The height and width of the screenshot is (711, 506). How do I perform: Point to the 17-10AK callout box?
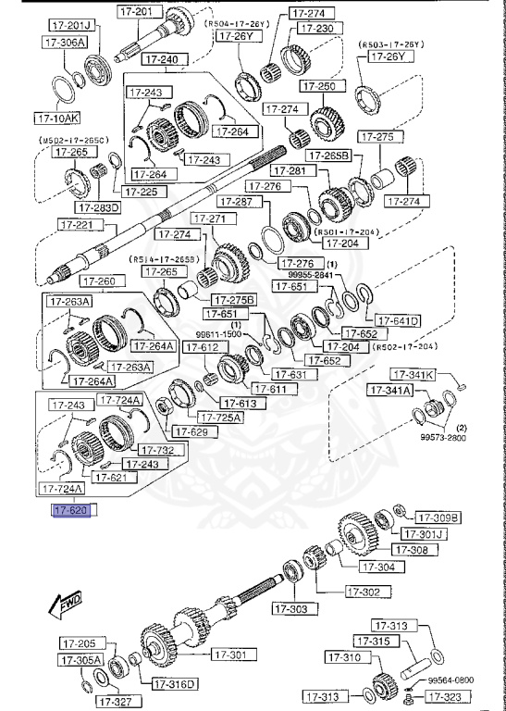pos(56,118)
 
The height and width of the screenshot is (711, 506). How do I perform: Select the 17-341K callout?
pos(413,375)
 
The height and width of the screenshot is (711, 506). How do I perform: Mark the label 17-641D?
pos(398,320)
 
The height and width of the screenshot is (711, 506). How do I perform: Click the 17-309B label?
pos(438,518)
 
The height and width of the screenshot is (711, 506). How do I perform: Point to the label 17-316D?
pos(175,684)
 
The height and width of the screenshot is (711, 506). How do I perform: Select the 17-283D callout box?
pos(100,207)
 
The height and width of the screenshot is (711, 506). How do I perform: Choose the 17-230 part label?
pos(309,28)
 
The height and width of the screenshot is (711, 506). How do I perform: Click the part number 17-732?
pos(151,450)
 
